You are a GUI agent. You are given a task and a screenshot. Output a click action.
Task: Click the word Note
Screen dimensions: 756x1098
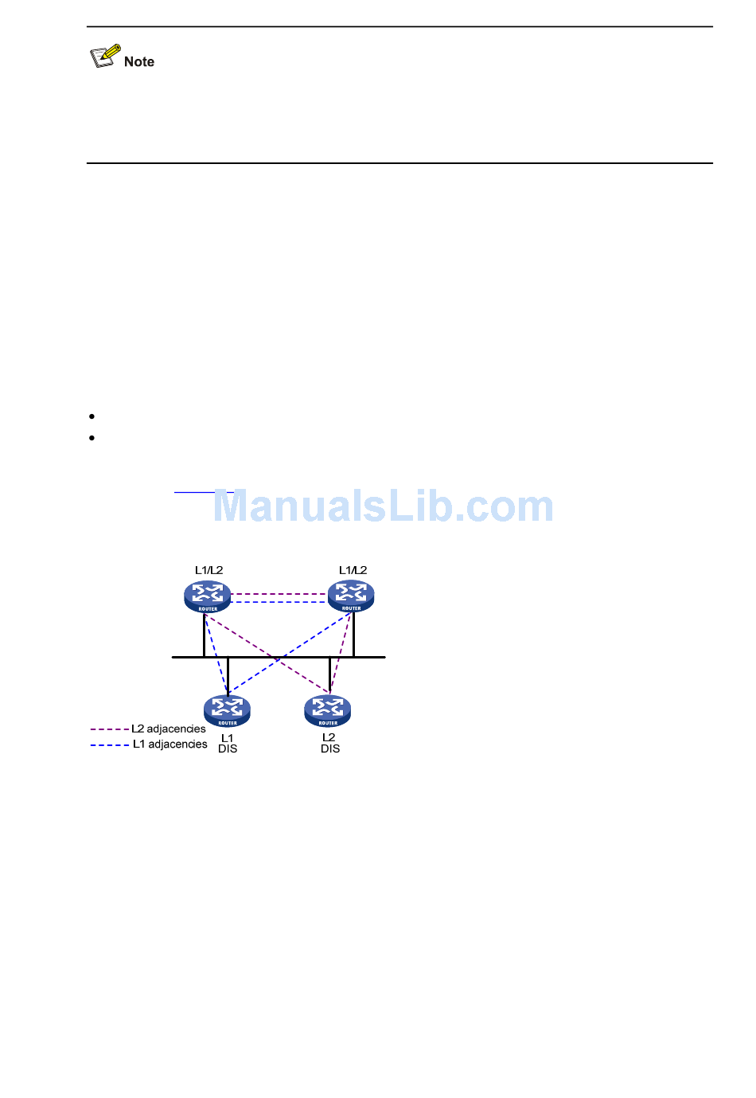[139, 62]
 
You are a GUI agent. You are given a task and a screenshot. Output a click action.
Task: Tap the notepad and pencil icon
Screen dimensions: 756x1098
[105, 57]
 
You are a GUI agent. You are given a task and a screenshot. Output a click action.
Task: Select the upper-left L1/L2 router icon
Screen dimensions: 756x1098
[208, 596]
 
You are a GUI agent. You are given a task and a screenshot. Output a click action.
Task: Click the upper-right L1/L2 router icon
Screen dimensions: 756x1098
[351, 596]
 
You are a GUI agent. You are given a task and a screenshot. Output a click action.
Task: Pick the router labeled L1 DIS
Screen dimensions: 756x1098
[227, 711]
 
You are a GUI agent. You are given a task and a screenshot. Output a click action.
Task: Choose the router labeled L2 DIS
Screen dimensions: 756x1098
[328, 711]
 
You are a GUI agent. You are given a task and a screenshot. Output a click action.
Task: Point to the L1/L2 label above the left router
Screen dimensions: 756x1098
[209, 570]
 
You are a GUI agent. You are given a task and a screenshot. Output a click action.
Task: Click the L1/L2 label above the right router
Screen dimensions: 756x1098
[353, 570]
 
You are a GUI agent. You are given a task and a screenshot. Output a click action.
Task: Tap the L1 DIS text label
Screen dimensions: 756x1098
[228, 744]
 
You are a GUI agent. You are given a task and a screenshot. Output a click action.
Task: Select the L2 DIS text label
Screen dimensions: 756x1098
[329, 743]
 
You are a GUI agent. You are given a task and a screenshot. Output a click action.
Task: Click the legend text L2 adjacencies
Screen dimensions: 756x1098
[169, 729]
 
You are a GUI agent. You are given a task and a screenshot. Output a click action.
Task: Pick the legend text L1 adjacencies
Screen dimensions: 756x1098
[170, 744]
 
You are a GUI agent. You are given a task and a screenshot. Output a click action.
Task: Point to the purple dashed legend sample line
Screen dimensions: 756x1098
[109, 729]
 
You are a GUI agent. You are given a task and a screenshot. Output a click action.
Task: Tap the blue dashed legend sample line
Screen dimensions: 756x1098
[109, 745]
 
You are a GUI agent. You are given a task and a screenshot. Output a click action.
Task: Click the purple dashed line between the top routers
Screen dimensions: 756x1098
[279, 594]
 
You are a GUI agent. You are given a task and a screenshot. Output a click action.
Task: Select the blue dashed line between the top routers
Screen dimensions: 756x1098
[279, 602]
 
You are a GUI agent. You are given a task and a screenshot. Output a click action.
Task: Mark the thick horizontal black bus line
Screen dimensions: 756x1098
[279, 658]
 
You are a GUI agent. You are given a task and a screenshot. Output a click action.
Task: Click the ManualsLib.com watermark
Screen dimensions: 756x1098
[384, 507]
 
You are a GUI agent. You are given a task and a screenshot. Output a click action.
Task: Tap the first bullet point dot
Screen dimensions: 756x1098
[92, 416]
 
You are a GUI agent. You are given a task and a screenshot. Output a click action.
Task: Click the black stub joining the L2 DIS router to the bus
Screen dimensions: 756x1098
[330, 675]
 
